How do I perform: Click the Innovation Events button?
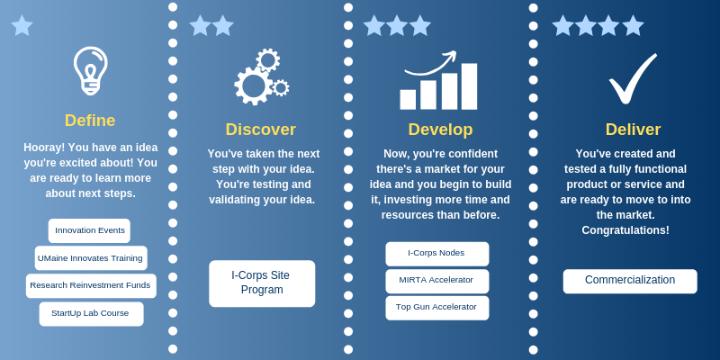click(89, 230)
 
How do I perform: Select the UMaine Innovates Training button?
click(91, 258)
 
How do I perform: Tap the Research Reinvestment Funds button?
click(91, 285)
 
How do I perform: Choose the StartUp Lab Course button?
click(91, 313)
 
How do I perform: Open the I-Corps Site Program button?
click(262, 283)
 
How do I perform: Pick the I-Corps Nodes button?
click(437, 254)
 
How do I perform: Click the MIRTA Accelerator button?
click(437, 281)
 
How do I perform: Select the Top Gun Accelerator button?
click(437, 308)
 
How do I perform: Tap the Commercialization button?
click(630, 281)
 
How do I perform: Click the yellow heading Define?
click(90, 121)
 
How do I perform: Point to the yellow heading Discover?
click(261, 130)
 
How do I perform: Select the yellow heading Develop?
click(440, 130)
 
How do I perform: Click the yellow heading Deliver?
click(633, 130)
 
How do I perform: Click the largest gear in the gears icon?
click(252, 85)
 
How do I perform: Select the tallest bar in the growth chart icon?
click(469, 86)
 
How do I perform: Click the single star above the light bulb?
click(22, 26)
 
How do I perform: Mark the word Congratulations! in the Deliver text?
click(625, 230)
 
